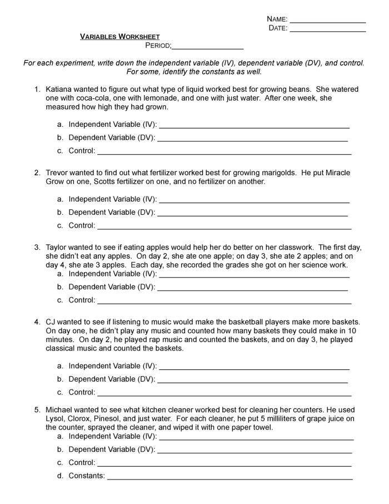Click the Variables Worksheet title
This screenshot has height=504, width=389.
pyautogui.click(x=120, y=37)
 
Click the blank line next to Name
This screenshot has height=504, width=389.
pyautogui.click(x=327, y=22)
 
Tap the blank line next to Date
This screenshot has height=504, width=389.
pyautogui.click(x=327, y=31)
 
